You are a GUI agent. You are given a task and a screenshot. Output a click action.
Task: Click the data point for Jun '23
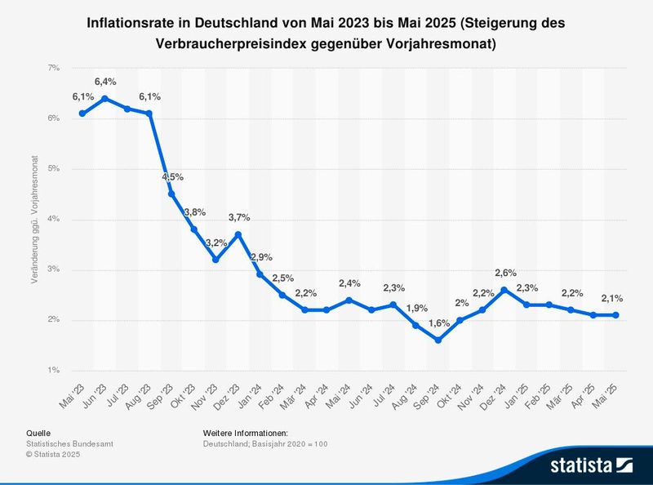tap(104, 98)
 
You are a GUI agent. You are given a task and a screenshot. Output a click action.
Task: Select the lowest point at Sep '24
tap(438, 340)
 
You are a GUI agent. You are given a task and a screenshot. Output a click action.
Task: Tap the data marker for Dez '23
tap(238, 234)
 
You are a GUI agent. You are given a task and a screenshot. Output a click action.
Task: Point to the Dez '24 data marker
tap(504, 290)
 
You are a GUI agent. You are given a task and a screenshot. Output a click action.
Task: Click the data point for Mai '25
tap(616, 315)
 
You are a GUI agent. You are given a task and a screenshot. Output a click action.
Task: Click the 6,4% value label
tap(104, 82)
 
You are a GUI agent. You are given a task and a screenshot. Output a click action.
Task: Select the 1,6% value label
tap(438, 323)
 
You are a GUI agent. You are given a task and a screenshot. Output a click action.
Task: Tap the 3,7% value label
tap(238, 217)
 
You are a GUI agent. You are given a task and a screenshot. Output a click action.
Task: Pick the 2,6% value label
tap(505, 273)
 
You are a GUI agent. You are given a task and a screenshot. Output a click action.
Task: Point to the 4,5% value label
tap(172, 177)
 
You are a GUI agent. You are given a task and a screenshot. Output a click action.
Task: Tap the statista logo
tap(591, 465)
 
